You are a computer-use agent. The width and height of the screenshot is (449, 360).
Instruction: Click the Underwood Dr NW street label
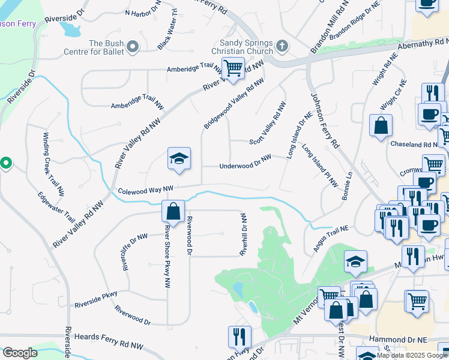[x=245, y=161]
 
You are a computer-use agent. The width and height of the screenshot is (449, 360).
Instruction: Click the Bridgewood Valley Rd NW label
[x=234, y=103]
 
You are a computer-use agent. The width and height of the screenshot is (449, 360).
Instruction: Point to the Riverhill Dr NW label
[x=244, y=235]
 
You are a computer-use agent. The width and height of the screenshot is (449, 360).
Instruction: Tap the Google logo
[x=19, y=353]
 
